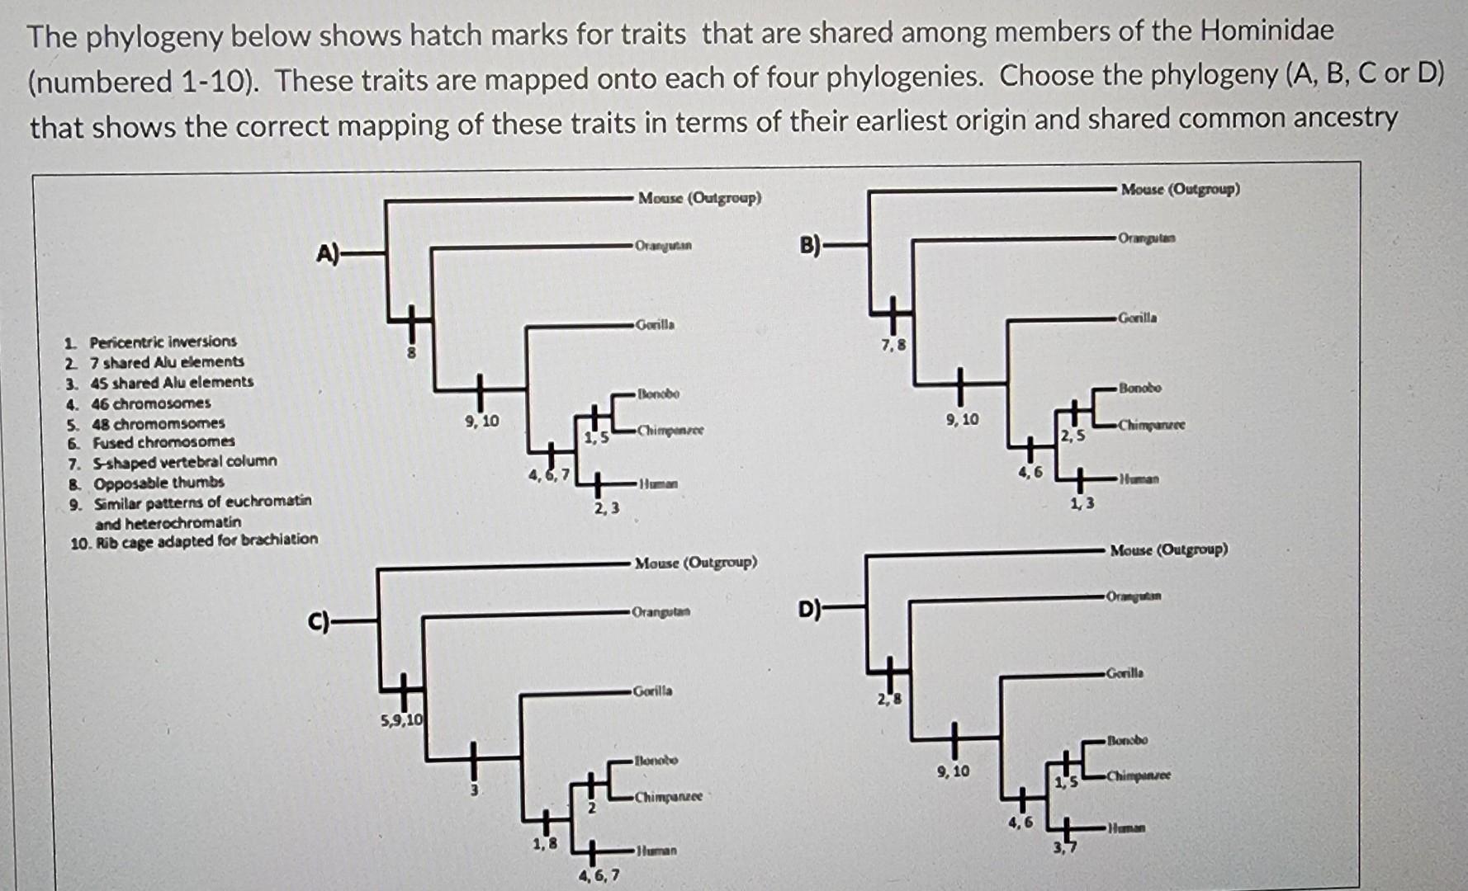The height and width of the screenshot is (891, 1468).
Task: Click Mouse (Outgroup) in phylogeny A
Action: tap(699, 198)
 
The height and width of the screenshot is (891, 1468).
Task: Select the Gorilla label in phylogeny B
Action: tap(1137, 318)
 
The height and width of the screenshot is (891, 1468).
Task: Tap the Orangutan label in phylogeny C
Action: tap(661, 612)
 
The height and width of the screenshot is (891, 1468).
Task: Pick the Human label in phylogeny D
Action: tap(1126, 827)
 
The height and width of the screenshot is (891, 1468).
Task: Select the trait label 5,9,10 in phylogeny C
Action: tap(401, 719)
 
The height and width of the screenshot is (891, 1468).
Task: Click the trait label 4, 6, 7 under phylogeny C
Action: tap(600, 875)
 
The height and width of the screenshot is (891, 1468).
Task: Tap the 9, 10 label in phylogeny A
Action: tap(482, 422)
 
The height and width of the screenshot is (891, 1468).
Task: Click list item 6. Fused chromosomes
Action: tap(152, 442)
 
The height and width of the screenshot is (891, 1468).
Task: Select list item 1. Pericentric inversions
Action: tap(152, 342)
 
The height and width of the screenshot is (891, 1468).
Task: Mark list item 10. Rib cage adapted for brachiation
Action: tap(195, 540)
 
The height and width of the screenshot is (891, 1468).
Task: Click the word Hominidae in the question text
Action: tap(1267, 31)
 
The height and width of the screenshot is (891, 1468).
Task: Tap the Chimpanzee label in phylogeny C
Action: tap(668, 797)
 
